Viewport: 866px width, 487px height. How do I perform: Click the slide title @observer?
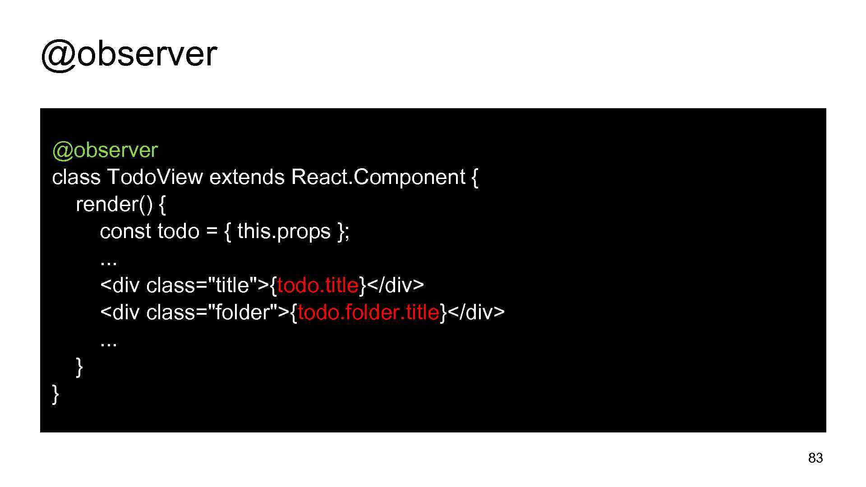tap(129, 54)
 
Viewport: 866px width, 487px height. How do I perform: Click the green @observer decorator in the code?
tap(105, 150)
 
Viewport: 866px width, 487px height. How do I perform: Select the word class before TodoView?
tap(76, 177)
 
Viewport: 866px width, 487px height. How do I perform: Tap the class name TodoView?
tap(155, 177)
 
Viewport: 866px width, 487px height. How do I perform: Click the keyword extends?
tap(247, 177)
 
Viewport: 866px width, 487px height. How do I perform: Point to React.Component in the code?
tap(378, 177)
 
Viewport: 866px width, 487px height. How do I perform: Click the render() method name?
tap(114, 204)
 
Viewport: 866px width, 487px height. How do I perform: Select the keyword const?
tap(125, 231)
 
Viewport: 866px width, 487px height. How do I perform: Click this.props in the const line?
tap(284, 231)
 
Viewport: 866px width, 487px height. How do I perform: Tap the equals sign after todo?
tap(212, 232)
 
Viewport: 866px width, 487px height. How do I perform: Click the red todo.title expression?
tap(318, 285)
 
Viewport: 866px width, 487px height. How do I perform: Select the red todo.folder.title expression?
tap(368, 312)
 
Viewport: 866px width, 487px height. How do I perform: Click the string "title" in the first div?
tap(232, 285)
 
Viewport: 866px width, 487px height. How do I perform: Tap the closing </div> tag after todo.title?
tap(396, 285)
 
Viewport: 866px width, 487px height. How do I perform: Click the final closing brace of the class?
tap(55, 394)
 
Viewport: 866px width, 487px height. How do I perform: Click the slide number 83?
tap(815, 458)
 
